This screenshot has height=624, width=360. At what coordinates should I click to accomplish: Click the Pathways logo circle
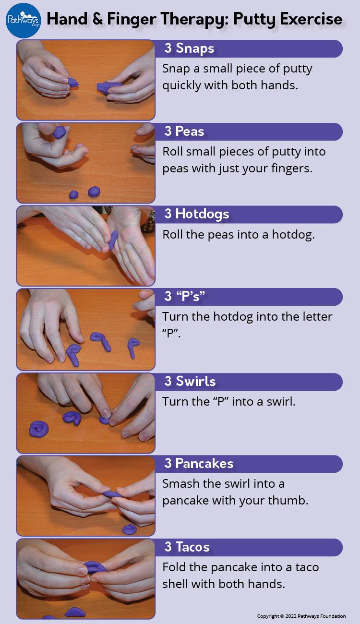click(x=24, y=20)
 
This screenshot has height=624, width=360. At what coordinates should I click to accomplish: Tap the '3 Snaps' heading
click(x=189, y=48)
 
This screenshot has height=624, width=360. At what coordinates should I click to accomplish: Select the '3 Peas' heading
click(x=184, y=131)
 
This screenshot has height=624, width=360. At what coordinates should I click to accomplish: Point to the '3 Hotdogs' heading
click(x=197, y=214)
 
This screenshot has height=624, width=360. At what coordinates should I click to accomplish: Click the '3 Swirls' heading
click(x=190, y=381)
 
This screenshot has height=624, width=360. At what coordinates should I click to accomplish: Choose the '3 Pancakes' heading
click(x=199, y=463)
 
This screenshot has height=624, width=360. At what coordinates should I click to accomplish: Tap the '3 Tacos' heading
click(x=187, y=547)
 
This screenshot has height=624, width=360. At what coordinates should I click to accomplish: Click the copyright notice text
click(x=301, y=616)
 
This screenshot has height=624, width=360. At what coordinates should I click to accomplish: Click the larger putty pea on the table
click(x=94, y=192)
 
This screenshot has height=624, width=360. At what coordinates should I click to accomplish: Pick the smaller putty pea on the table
click(x=73, y=194)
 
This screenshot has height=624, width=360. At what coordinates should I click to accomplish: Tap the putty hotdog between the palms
click(x=113, y=240)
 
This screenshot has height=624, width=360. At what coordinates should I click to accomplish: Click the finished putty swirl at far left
click(x=39, y=429)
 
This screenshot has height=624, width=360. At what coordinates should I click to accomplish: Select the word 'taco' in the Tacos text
click(x=307, y=567)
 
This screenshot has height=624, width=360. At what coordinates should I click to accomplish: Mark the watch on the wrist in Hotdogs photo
click(x=148, y=221)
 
